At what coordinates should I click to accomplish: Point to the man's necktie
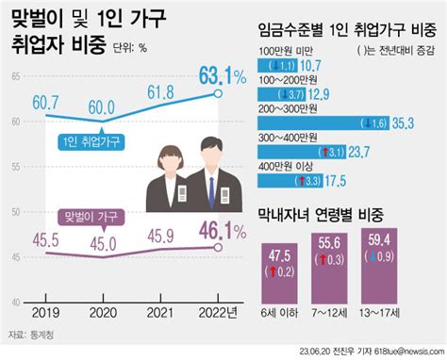coord(212,185)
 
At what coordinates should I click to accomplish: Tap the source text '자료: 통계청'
coord(33,335)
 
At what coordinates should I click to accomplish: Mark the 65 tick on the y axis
coord(16,78)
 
